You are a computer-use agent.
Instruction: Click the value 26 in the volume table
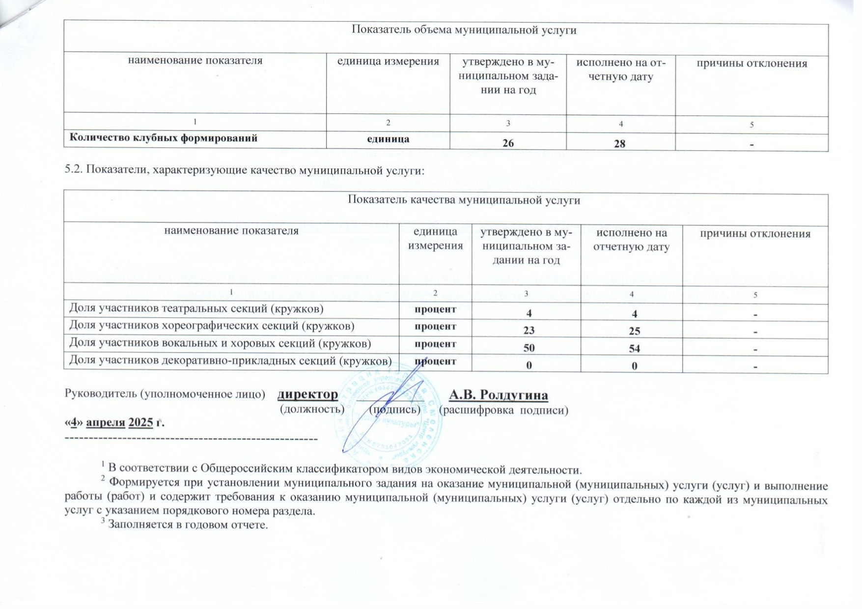pyautogui.click(x=508, y=143)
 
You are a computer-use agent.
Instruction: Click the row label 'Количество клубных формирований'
pyautogui.click(x=164, y=138)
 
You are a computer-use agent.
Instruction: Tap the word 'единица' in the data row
pyautogui.click(x=388, y=138)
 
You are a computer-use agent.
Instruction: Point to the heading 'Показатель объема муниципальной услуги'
pyautogui.click(x=464, y=30)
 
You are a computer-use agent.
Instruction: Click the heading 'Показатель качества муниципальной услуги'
pyautogui.click(x=464, y=200)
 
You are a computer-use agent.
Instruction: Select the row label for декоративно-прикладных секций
pyautogui.click(x=230, y=361)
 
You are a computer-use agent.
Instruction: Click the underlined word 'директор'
pyautogui.click(x=307, y=395)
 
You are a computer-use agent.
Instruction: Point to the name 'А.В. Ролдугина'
pyautogui.click(x=499, y=395)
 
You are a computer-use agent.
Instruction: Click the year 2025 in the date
pyautogui.click(x=140, y=423)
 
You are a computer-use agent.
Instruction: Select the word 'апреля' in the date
pyautogui.click(x=105, y=423)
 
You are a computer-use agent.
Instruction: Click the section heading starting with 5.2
pyautogui.click(x=244, y=171)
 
